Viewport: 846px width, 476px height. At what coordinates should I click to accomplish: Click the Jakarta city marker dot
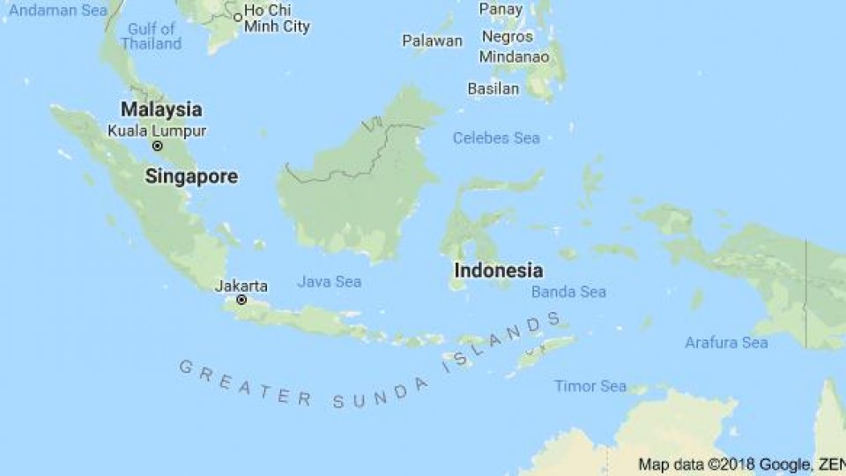click(x=241, y=300)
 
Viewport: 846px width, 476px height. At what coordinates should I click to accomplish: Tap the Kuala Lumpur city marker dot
click(x=157, y=146)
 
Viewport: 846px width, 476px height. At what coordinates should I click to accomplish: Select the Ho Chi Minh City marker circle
click(x=238, y=18)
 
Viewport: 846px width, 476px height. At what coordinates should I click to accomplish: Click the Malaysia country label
click(x=161, y=110)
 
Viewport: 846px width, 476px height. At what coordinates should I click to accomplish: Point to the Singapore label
click(x=191, y=176)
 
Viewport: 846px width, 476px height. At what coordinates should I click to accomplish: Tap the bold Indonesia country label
click(x=498, y=271)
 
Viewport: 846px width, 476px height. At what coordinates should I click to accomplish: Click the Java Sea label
click(x=329, y=282)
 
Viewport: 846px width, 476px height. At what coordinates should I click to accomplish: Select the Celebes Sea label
click(x=496, y=138)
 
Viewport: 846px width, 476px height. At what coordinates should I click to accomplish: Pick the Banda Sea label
click(x=568, y=292)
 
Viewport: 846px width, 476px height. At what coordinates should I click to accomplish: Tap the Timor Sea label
click(x=590, y=386)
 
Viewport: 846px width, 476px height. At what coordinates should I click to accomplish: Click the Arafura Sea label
click(x=726, y=342)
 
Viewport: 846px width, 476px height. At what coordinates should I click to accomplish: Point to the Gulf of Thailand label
click(x=152, y=36)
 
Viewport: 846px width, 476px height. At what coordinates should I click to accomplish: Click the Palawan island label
click(x=432, y=41)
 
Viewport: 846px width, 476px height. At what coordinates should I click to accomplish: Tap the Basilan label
click(x=493, y=89)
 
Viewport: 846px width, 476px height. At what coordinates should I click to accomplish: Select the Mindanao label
click(x=514, y=56)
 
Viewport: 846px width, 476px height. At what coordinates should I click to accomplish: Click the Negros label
click(x=508, y=36)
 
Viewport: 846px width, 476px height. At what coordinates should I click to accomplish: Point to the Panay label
click(x=501, y=9)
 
